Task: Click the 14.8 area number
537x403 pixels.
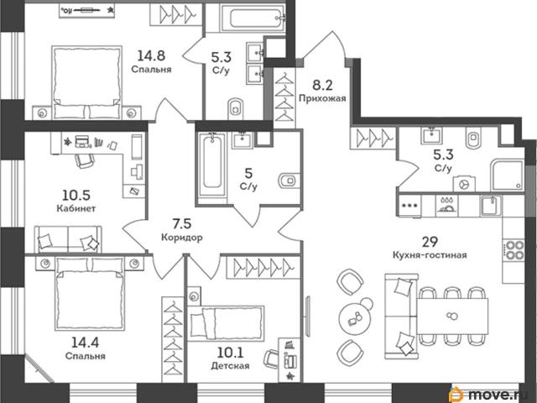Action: coord(151,55)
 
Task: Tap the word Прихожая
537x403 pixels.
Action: coord(322,99)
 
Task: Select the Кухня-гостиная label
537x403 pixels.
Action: coord(430,255)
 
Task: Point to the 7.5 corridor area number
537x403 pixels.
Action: coord(182,224)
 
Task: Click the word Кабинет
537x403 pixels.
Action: coord(76,208)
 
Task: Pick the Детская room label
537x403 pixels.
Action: coord(230,366)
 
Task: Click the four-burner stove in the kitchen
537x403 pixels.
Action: coord(513,249)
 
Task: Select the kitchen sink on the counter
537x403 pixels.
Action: coord(490,205)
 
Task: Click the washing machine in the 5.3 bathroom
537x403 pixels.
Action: coord(464,184)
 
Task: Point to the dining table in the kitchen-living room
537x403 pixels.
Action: coord(453,316)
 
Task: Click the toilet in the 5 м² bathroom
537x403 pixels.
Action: coord(289,181)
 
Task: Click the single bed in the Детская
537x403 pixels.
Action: coord(226,323)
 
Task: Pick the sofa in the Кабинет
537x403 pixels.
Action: coord(68,239)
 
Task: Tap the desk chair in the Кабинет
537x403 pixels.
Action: coord(85,160)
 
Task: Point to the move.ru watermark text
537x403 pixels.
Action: coord(501,395)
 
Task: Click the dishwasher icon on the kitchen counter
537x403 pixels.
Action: coord(446,206)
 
